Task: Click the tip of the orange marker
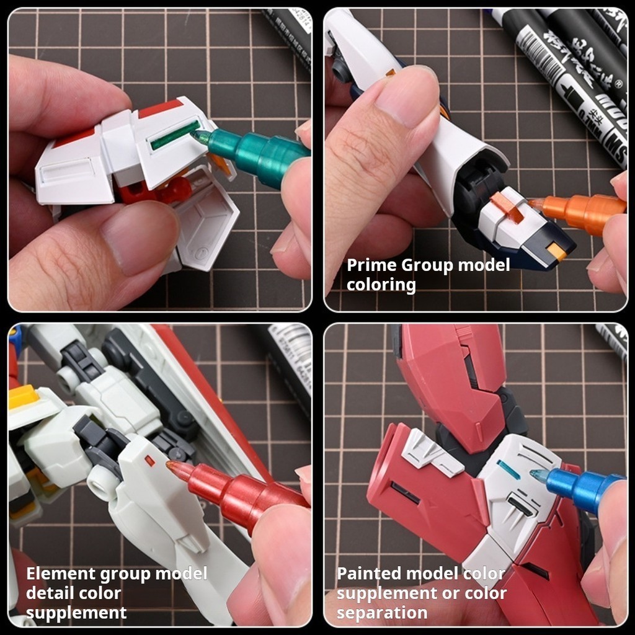point(532,202)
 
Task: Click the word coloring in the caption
point(381,285)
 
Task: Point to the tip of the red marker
point(169,463)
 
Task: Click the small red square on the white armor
point(149,460)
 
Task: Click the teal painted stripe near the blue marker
point(508,469)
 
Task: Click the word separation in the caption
point(382,613)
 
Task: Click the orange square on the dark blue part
point(556,251)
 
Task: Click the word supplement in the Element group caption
point(76,613)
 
